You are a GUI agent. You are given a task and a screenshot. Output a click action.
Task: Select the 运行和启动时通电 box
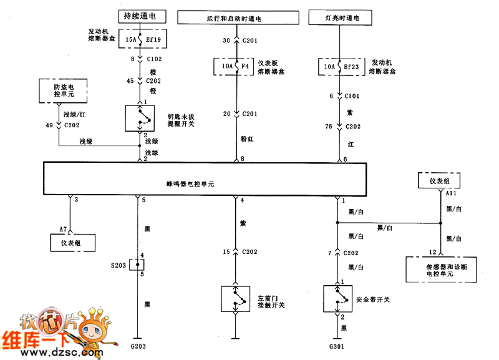tap(235, 17)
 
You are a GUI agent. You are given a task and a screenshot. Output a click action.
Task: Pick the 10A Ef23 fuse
tap(339, 65)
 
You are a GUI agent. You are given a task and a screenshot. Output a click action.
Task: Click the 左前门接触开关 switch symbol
tap(235, 299)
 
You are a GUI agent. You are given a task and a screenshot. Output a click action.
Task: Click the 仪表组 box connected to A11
tap(441, 180)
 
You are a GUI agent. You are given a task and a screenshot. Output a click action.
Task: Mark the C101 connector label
tap(353, 97)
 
